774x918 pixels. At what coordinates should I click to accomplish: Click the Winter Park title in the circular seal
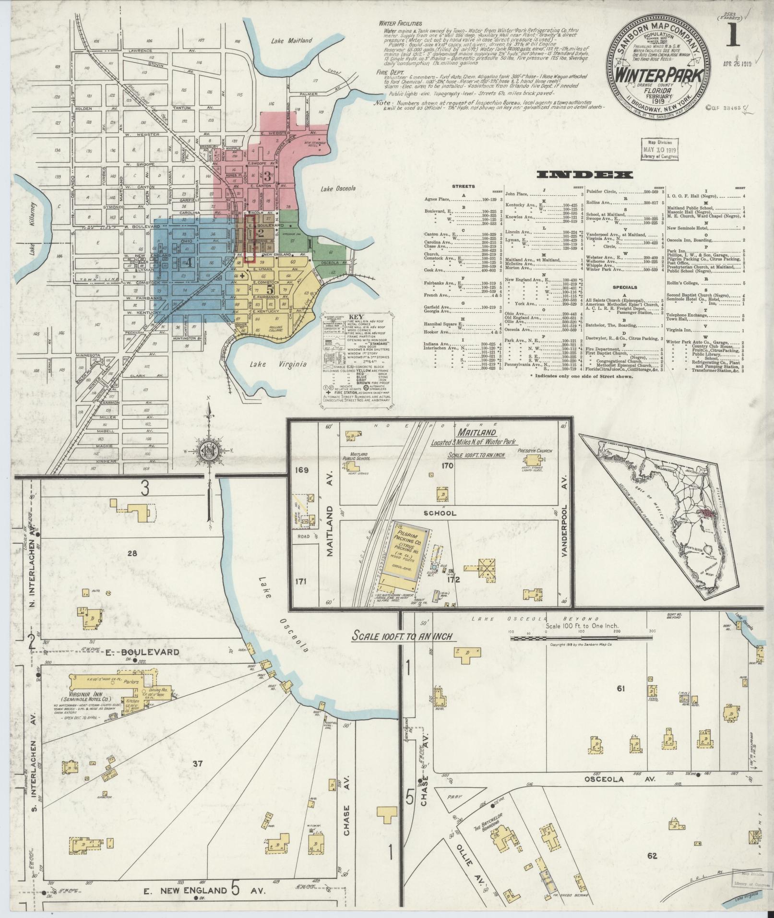(660, 75)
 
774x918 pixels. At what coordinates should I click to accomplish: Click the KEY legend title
(355, 317)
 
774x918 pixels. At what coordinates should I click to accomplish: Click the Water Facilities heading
(400, 23)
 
